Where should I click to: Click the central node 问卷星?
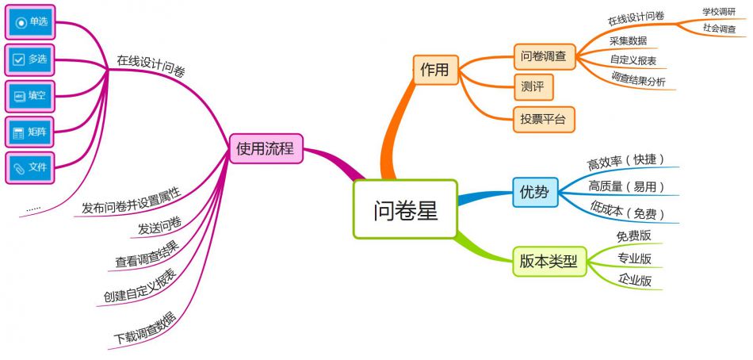405,209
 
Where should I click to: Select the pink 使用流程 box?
265,148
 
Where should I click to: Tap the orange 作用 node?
435,69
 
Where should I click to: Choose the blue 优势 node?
534,192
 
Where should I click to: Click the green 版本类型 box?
549,260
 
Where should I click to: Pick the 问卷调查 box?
544,56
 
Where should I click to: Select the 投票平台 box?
543,119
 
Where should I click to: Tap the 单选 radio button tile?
31,22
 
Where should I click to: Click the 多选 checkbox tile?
31,59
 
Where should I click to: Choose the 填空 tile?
31,96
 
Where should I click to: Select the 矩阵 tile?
31,132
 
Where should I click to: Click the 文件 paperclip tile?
31,167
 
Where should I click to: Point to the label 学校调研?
718,12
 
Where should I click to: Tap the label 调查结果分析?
638,80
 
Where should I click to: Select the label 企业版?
635,279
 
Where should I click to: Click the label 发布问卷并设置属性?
132,202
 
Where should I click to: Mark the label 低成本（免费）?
627,212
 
